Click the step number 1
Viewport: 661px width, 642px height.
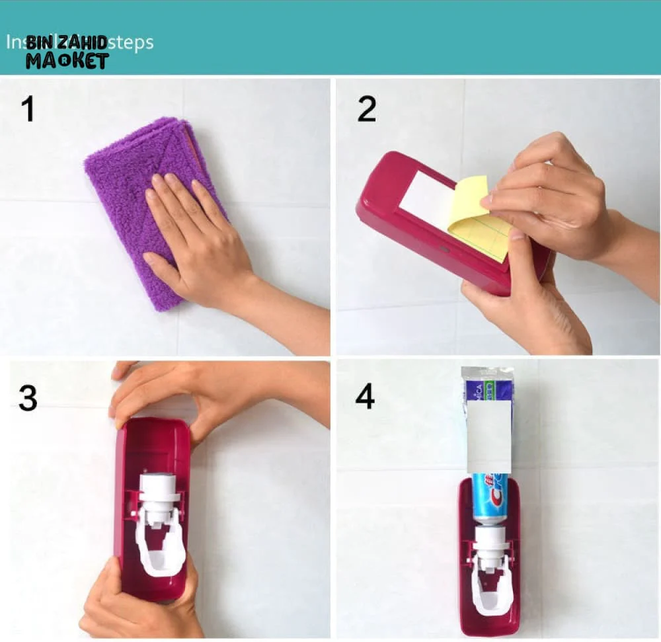26,109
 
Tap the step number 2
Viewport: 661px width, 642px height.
366,109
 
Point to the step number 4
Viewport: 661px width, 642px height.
366,397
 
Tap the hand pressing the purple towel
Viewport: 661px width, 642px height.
198,245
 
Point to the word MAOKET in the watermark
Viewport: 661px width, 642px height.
66,61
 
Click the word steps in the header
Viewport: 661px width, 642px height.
130,42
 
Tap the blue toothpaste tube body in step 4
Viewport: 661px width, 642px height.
490,496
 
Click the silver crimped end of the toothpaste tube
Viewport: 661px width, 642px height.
486,373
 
